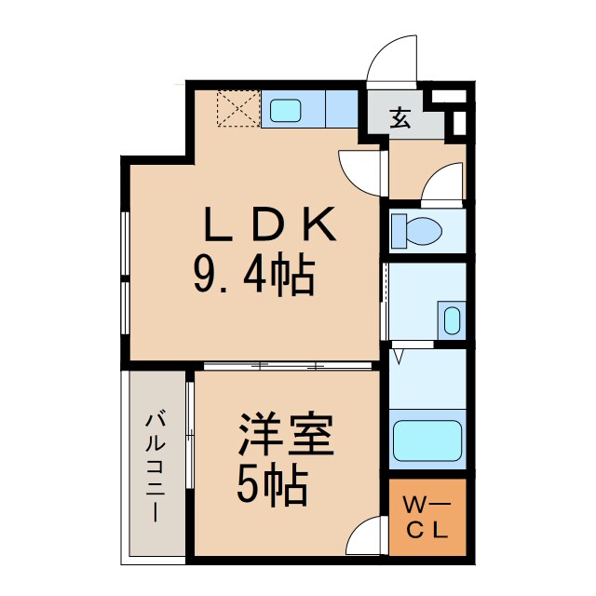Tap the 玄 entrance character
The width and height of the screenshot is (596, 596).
click(x=400, y=117)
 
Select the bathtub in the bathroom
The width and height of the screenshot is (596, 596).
click(x=427, y=440)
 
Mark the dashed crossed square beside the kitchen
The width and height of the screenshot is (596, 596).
click(x=238, y=109)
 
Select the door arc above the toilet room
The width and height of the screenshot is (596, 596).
click(x=442, y=182)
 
